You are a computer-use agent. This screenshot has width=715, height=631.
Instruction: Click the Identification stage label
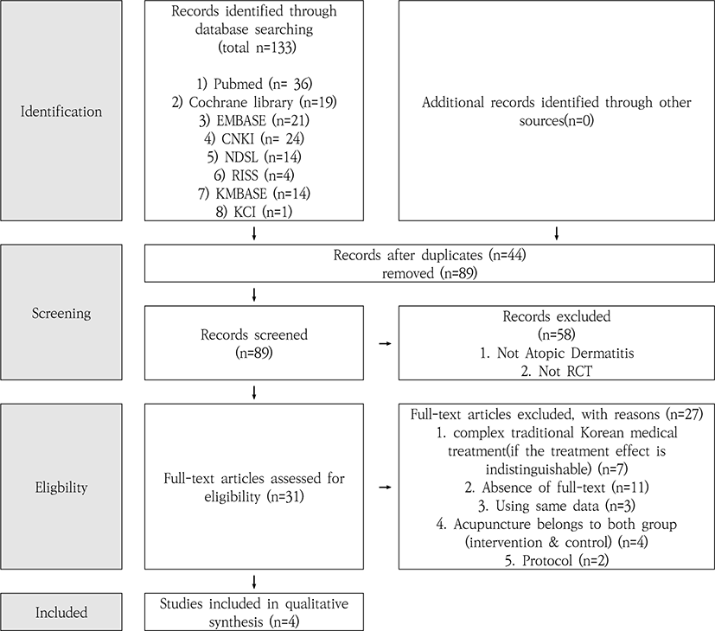coord(61,112)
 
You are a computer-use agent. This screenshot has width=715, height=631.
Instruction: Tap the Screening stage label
coord(61,313)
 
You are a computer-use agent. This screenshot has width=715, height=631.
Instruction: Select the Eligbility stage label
coord(61,488)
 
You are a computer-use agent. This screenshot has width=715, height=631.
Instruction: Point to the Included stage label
coord(61,612)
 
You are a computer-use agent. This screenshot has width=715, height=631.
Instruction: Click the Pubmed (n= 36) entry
coord(254,84)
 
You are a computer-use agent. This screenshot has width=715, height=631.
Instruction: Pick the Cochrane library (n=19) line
coord(254,102)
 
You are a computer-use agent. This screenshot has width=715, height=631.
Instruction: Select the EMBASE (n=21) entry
coord(254,120)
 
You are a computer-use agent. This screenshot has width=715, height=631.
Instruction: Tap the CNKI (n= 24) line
coord(254,138)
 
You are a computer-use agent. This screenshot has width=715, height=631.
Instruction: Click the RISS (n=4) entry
coord(254,175)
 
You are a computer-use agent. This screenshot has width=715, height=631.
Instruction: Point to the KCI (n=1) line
coord(254,212)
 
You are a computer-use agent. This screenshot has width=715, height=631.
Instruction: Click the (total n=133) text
coord(257,48)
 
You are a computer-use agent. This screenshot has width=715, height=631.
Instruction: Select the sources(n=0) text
coord(556,121)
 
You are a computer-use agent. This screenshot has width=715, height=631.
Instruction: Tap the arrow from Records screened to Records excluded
coord(386,343)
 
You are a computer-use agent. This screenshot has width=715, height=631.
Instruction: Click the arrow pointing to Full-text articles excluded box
coord(386,488)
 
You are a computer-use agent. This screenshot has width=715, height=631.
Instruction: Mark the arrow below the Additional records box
coord(556,233)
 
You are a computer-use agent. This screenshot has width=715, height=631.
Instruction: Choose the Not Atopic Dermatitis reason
coord(557,353)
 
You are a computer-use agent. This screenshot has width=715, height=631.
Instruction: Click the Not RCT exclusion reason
coord(557,371)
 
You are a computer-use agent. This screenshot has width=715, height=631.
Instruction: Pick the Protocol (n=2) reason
coord(557,560)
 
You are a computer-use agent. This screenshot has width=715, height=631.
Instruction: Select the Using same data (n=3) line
coord(557,506)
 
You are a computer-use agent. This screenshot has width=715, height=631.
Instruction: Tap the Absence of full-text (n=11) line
coord(557,488)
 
